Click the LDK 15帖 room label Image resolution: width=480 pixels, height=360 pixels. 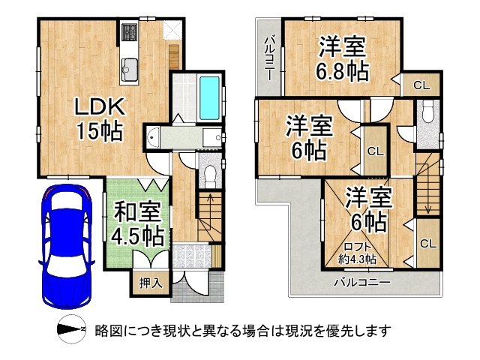[98, 119]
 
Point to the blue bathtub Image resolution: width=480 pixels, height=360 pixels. [210, 97]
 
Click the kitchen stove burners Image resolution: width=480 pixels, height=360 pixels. [129, 33]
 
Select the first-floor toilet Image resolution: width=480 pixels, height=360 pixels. [209, 175]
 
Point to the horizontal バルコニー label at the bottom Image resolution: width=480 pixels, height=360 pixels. [361, 283]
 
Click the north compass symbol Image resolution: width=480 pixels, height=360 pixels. [72, 331]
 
